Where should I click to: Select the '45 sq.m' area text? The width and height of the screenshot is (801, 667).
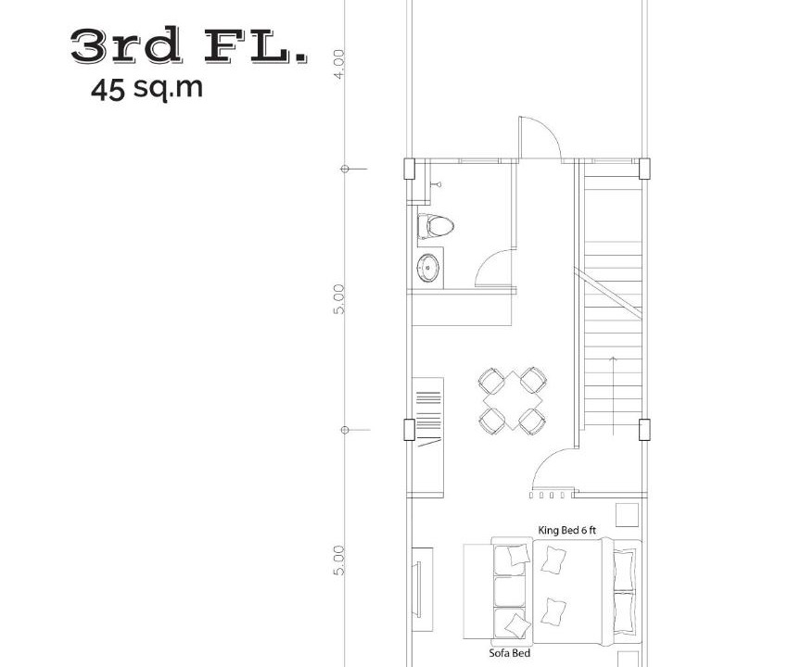point(146,89)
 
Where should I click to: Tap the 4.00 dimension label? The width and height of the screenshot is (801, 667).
point(339,64)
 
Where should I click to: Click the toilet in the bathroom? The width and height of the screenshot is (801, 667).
point(436,226)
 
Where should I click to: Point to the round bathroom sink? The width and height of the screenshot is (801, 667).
point(427,268)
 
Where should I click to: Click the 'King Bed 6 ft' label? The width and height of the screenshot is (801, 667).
point(567,530)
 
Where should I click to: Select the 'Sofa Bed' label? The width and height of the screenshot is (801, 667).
point(509,653)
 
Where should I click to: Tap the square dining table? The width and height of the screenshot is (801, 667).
point(513,401)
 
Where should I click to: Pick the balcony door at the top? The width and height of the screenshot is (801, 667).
point(540,138)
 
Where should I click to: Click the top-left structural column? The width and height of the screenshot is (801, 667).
point(409,169)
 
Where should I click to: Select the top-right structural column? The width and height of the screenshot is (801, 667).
point(644,169)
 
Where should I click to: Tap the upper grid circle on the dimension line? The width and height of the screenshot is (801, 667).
point(345,169)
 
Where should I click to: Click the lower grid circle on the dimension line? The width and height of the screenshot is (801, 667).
point(345,430)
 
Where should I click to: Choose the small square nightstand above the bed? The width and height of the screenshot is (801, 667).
point(627,514)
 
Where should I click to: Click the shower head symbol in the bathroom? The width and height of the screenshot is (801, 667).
point(437,183)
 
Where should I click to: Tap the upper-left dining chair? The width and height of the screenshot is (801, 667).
point(491,380)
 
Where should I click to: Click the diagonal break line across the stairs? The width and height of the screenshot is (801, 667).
point(607,294)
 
